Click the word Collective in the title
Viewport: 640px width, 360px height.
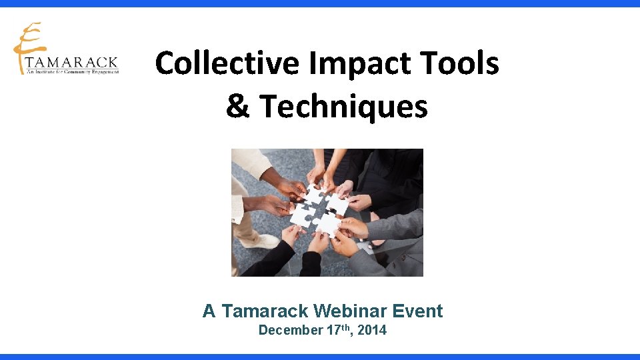[x=227, y=64]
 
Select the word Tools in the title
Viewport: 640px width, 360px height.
[x=465, y=64]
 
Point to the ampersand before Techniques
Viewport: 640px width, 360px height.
[x=237, y=106]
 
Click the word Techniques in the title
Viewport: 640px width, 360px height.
[x=343, y=106]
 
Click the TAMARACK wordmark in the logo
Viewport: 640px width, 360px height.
[x=71, y=63]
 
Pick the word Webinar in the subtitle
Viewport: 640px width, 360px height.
[x=351, y=311]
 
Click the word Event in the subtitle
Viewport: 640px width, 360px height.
[x=418, y=311]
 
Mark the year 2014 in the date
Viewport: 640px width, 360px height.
[x=372, y=330]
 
